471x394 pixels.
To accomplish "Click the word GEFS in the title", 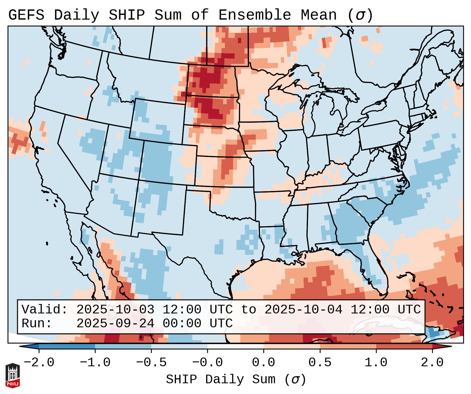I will tap(26, 15).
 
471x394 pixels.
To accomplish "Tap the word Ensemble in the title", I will tap(254, 15).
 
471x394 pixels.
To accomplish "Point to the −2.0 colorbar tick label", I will tap(39, 363).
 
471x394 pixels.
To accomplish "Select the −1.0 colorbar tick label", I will tap(95, 363).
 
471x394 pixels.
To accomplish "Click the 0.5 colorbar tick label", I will tap(320, 363).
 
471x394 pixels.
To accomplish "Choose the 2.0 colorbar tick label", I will tap(432, 363).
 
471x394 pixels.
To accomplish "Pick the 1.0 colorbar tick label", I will tap(376, 363).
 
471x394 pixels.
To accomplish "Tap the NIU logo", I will tap(13, 375).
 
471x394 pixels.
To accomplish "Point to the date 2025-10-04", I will tap(303, 309).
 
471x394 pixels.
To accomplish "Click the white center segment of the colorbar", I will tap(235, 346).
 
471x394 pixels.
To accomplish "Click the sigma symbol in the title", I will tap(360, 15).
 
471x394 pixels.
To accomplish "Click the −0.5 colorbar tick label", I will tap(151, 363).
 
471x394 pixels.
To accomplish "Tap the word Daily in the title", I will tap(76, 15).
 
